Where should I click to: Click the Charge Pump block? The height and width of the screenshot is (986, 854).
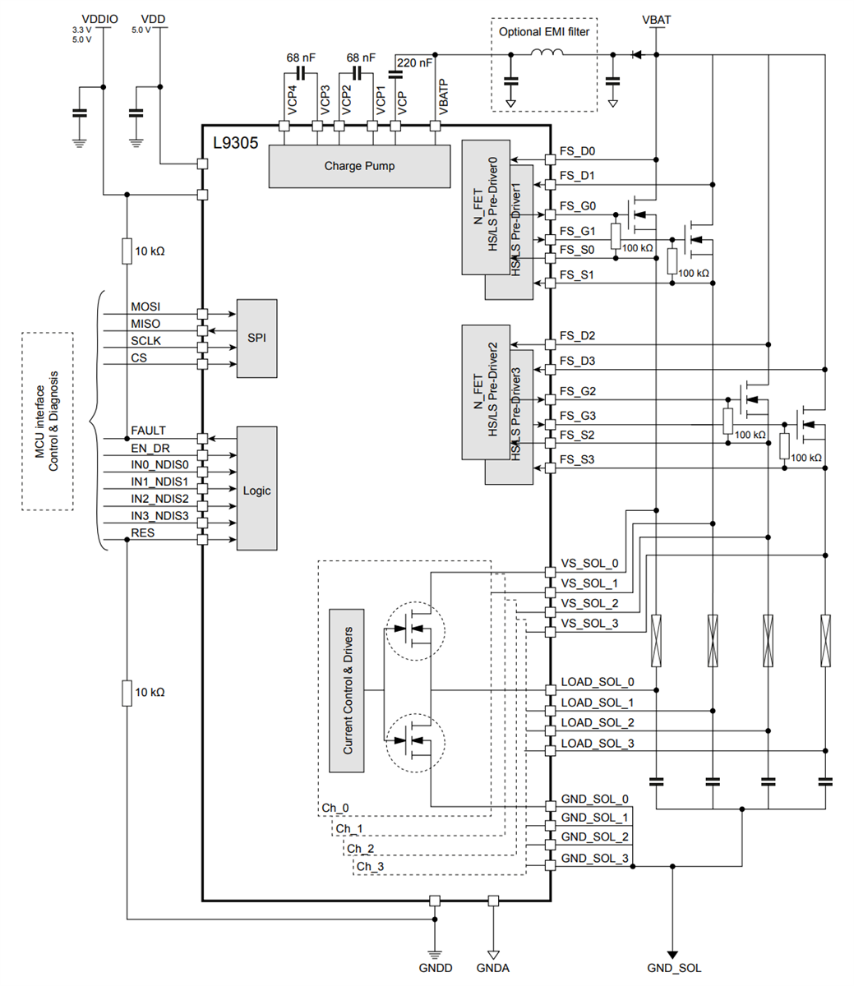[x=359, y=166]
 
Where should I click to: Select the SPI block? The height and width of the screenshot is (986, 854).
[x=256, y=339]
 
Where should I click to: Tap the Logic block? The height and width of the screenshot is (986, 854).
[x=256, y=491]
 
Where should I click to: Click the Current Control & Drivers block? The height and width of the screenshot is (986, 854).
[x=347, y=690]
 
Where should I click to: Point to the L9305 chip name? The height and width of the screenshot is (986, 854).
[x=235, y=143]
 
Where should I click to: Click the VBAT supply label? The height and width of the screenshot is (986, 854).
[x=656, y=20]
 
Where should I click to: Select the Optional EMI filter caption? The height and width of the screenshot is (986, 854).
[x=543, y=32]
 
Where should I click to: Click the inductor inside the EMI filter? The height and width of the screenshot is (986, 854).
[x=547, y=54]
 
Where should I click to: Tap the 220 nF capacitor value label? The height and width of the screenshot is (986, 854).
[x=414, y=62]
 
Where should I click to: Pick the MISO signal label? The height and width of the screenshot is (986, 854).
[x=145, y=324]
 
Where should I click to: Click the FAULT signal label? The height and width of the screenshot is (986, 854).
[x=148, y=431]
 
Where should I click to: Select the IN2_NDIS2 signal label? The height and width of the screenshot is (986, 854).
[x=159, y=499]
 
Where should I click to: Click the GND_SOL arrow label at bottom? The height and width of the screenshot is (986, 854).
[x=673, y=968]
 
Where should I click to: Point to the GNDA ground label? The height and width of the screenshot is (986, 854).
[x=492, y=968]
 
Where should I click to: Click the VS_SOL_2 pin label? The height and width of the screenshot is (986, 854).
[x=589, y=604]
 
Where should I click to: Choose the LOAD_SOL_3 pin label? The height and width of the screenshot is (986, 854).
[x=597, y=744]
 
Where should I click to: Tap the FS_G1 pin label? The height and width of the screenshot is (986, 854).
[x=577, y=231]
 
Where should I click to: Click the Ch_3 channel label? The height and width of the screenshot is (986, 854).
[x=369, y=866]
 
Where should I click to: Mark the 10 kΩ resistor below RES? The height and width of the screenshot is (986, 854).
[x=127, y=693]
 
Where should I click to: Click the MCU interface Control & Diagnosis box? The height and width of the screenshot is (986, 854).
[x=47, y=421]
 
